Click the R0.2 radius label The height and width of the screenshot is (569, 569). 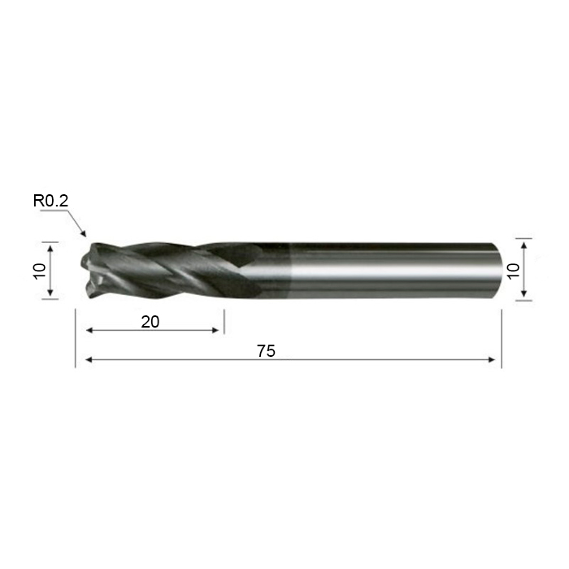(50, 201)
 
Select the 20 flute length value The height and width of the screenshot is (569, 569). (150, 322)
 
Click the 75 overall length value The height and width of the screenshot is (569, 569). (266, 351)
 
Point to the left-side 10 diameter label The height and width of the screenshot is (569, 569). (40, 271)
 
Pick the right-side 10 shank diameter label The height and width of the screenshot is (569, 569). (514, 271)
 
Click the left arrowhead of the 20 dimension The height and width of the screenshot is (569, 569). (89, 330)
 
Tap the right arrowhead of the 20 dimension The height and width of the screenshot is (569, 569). (215, 330)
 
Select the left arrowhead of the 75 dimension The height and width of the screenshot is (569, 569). (89, 359)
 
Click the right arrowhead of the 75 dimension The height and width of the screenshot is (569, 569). (492, 359)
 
